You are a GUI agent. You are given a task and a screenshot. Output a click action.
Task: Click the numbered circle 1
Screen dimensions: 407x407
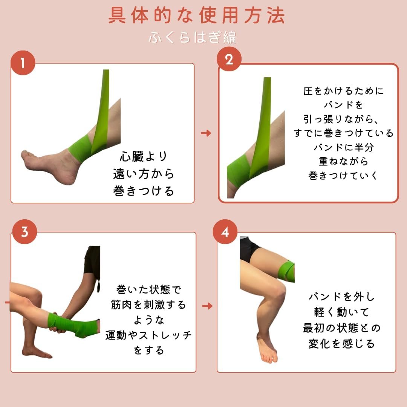(x=23, y=63)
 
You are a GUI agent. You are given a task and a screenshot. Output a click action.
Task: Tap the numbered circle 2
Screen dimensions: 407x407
(x=229, y=59)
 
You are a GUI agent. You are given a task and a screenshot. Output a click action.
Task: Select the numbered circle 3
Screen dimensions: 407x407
(x=24, y=231)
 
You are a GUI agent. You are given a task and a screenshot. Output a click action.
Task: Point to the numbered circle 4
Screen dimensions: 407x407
(x=225, y=232)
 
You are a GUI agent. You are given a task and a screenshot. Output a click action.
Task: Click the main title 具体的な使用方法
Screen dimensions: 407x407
(x=196, y=15)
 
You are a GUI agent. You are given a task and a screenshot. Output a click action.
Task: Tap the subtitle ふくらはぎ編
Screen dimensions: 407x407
(x=192, y=37)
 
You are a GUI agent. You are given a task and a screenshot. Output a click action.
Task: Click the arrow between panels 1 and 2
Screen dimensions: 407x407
(x=206, y=133)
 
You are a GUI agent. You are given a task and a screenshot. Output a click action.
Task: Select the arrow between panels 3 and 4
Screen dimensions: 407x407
(x=207, y=306)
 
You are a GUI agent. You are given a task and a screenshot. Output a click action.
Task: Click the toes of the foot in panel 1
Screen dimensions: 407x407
(x=26, y=156)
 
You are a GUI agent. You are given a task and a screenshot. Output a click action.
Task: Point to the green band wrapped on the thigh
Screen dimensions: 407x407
(x=286, y=271)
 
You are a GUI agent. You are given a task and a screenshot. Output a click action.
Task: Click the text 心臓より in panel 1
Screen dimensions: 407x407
(x=144, y=156)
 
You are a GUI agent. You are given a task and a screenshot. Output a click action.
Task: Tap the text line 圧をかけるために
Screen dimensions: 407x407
(x=343, y=91)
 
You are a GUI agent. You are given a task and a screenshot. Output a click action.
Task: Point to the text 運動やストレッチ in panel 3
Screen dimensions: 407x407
(x=148, y=335)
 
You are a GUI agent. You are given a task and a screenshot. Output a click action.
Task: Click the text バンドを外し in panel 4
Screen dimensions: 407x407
(x=341, y=297)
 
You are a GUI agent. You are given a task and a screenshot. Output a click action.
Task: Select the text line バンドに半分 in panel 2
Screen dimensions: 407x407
(x=343, y=147)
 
